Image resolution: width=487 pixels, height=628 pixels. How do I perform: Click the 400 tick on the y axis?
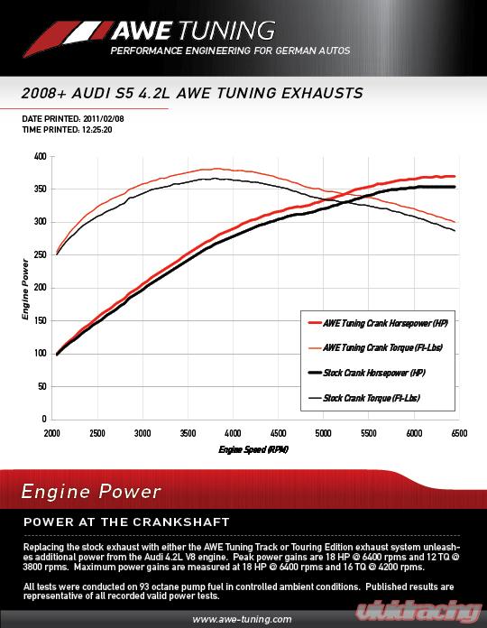click(41, 156)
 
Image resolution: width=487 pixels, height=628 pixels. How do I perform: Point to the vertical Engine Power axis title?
click(26, 288)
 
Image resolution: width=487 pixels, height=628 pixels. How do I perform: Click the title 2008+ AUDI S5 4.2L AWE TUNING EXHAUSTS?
click(191, 93)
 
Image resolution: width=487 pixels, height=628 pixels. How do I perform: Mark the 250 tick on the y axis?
click(41, 254)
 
